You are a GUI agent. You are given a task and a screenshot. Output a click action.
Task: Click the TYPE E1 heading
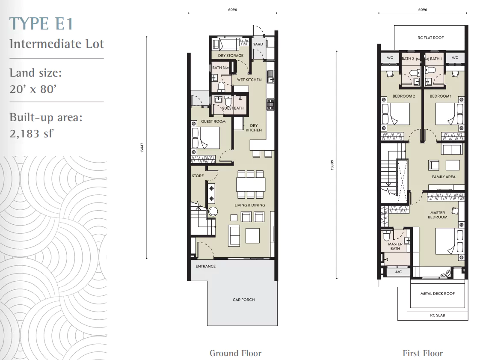point(41,24)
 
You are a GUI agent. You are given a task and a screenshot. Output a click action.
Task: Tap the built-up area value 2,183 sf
point(31,134)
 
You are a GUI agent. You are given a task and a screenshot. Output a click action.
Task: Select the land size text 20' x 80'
point(33,89)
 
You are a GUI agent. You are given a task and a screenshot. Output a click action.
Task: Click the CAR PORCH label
point(243,300)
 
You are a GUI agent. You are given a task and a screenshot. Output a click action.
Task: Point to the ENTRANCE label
point(205,266)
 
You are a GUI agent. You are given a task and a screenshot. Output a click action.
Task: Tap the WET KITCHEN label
point(249,80)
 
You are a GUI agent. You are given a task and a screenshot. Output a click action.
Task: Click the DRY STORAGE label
point(231,56)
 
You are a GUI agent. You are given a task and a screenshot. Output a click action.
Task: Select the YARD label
point(258,44)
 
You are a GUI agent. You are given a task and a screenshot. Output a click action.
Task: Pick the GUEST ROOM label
point(213,121)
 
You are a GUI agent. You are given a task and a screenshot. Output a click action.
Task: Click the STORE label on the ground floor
point(198,176)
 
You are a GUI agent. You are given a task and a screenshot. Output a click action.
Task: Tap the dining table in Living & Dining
point(251,184)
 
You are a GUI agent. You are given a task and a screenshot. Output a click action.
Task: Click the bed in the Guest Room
point(206,138)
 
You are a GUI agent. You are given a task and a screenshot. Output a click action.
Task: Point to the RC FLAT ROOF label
point(430,38)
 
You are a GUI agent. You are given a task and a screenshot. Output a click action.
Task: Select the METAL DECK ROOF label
point(437,293)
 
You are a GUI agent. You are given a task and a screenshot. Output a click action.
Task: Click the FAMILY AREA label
point(444,177)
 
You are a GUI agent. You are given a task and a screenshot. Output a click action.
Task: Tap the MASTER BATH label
point(395,246)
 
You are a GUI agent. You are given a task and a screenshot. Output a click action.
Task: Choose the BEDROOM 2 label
point(403,96)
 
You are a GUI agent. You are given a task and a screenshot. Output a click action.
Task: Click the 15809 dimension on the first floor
point(332,165)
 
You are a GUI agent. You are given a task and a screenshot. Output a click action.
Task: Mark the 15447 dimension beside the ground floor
point(142,147)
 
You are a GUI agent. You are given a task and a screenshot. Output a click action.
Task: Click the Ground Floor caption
point(236,353)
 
